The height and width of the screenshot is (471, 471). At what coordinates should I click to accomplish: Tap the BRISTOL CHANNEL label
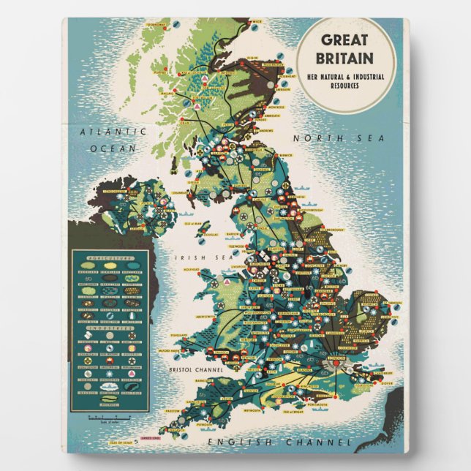192,370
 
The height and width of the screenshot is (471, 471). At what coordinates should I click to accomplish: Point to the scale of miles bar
105,418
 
